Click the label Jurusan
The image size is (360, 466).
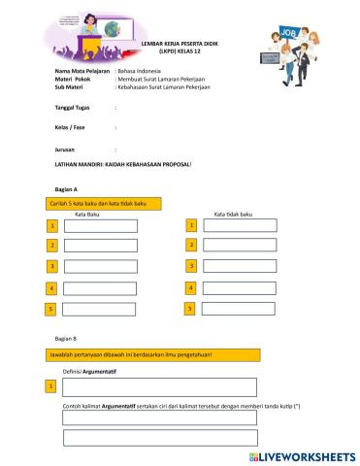pyautogui.click(x=65, y=150)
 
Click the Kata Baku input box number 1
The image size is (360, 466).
pyautogui.click(x=100, y=225)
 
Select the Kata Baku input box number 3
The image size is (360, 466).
pyautogui.click(x=100, y=266)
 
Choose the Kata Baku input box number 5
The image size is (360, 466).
pyautogui.click(x=100, y=309)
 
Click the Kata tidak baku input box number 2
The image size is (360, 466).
pyautogui.click(x=240, y=246)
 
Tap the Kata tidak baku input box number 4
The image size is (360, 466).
pyautogui.click(x=240, y=287)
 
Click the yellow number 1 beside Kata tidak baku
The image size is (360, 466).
pyautogui.click(x=192, y=225)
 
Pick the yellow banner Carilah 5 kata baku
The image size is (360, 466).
pyautogui.click(x=103, y=203)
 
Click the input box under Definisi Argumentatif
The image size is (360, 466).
pyautogui.click(x=160, y=387)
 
